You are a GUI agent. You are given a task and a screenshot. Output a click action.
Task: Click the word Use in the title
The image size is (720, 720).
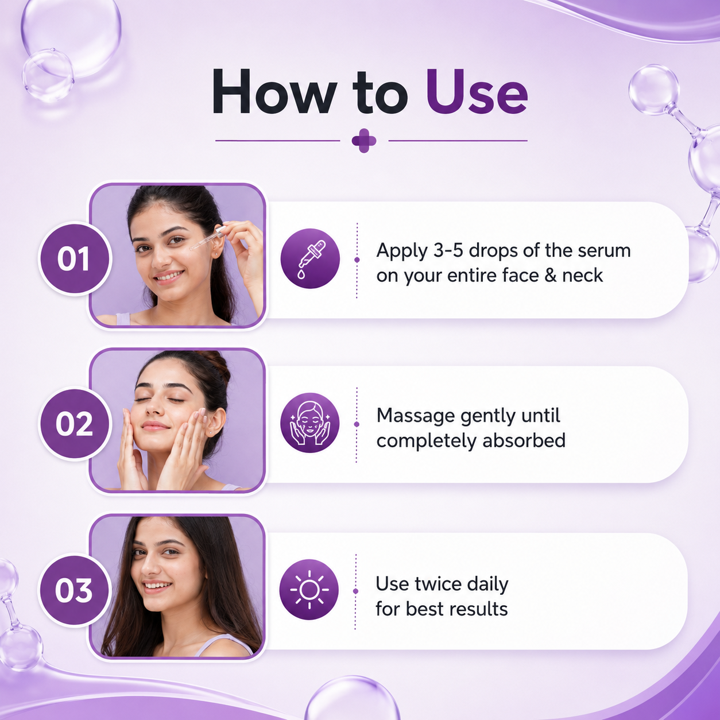(477, 91)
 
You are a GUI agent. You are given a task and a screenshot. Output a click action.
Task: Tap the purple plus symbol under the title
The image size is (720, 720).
(364, 141)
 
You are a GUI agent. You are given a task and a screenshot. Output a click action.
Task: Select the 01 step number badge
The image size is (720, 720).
(75, 258)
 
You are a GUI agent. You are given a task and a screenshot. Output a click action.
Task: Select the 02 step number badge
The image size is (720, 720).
(75, 424)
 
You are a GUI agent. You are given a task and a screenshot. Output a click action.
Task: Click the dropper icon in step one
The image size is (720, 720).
(310, 258)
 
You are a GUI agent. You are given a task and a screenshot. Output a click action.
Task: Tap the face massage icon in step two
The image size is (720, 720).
(309, 423)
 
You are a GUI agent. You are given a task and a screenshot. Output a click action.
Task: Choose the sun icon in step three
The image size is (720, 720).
(309, 590)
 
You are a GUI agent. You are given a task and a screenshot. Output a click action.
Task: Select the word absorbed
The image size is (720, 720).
(524, 440)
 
